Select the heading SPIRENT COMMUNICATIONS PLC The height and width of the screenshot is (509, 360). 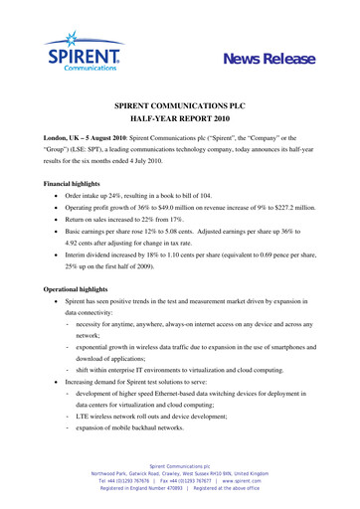(180, 103)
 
